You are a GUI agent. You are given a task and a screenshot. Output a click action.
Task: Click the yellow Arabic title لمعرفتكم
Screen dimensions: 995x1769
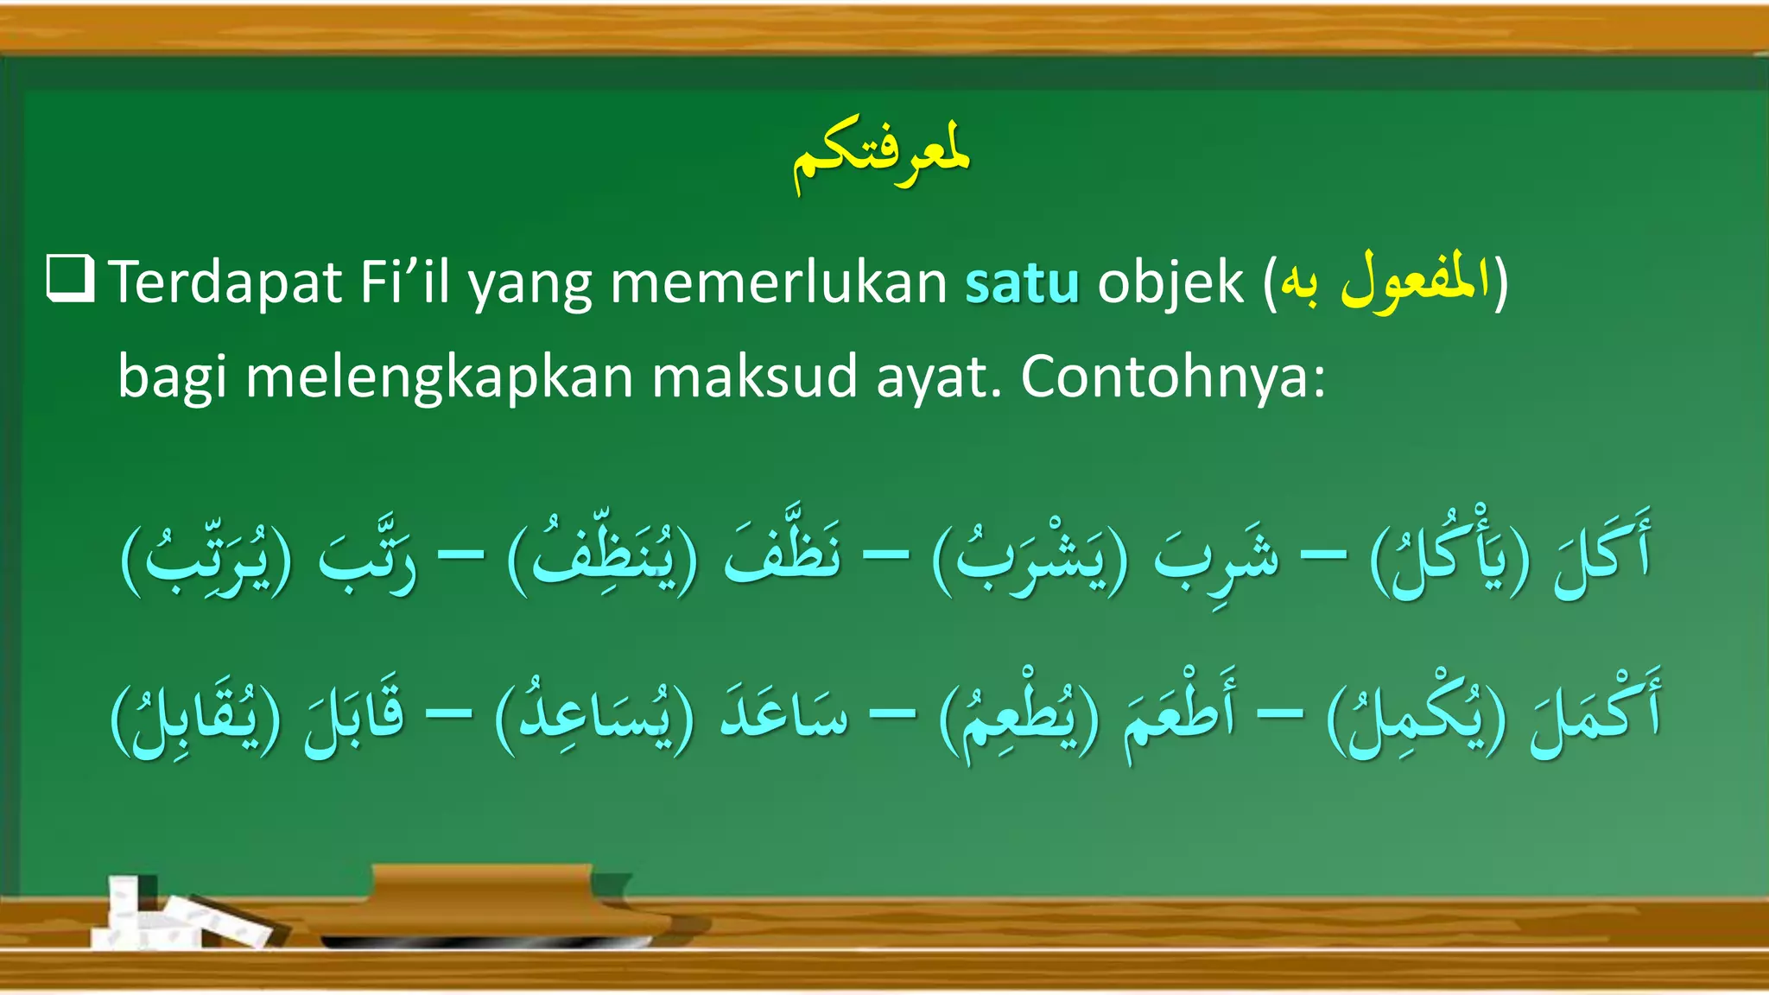tap(882, 159)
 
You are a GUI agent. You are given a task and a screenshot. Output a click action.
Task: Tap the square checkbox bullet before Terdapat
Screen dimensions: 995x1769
tap(70, 278)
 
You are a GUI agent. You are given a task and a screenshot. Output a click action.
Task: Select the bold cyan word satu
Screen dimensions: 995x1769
tap(1022, 283)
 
